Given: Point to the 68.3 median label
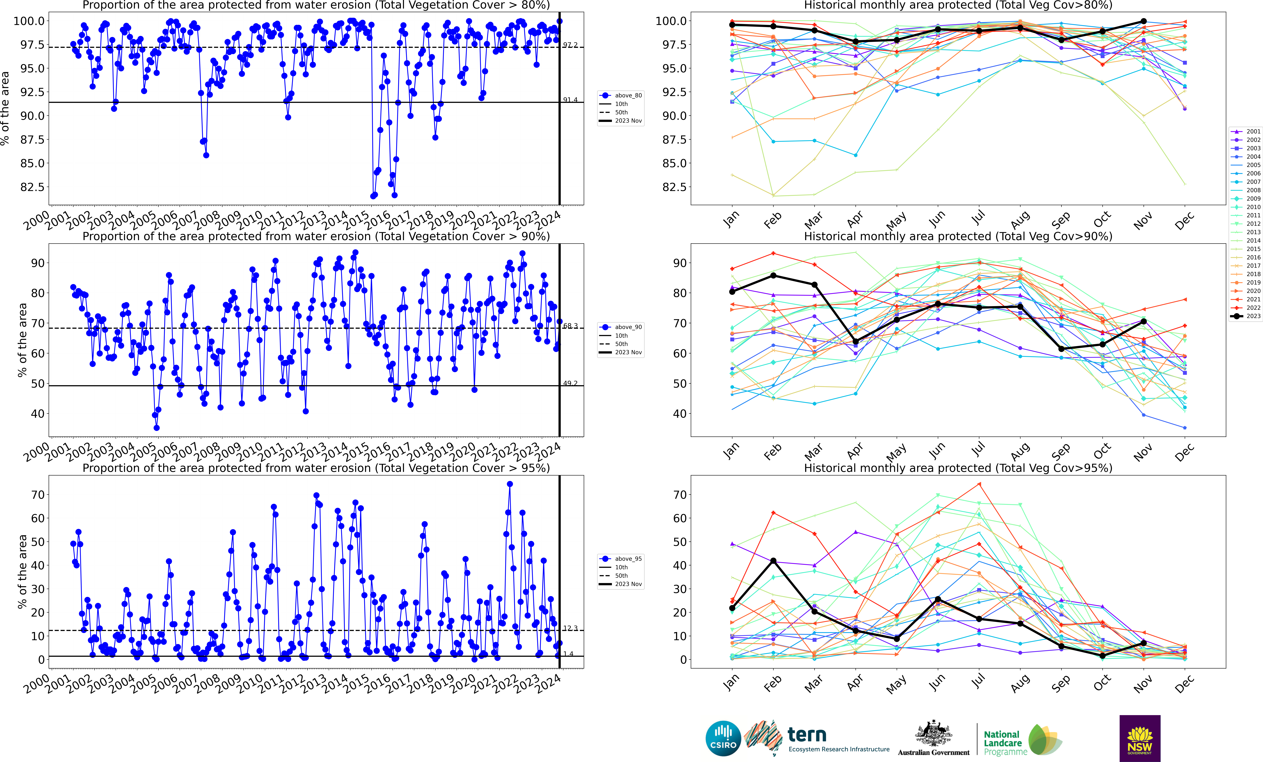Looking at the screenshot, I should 570,326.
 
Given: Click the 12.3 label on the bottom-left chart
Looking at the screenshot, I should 570,628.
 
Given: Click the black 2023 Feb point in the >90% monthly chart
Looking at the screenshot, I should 773,276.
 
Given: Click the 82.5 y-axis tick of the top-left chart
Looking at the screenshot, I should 32,187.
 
